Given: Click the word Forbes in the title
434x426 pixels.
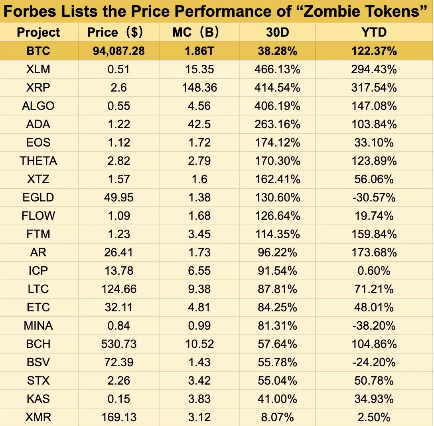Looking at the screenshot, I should (x=30, y=11).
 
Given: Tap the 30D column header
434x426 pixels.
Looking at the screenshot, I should (x=277, y=32).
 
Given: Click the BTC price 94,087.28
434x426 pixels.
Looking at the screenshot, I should (x=119, y=51).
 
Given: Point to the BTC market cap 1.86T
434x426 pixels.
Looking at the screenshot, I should (x=199, y=51).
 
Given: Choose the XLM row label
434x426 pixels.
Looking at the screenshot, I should (x=39, y=69).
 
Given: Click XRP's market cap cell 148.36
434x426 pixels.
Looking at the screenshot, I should (x=199, y=88).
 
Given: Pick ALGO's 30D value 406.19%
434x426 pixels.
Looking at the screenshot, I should (x=277, y=106).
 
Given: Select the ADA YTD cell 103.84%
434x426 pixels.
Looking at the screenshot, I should (x=374, y=124).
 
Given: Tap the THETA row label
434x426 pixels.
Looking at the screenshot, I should (x=39, y=161).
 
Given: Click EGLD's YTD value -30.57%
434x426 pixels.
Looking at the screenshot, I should (x=374, y=197).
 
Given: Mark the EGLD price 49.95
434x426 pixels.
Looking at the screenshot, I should (x=119, y=197).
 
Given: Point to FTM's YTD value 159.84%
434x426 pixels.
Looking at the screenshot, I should (x=374, y=234).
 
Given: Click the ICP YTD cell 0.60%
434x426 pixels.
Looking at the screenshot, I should (x=374, y=271).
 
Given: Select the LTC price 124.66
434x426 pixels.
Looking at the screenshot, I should (x=119, y=289).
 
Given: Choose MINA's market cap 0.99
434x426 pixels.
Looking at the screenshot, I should (x=199, y=326).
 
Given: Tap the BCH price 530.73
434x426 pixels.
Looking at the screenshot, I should (x=119, y=344).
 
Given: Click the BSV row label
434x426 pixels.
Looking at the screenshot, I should (x=39, y=362).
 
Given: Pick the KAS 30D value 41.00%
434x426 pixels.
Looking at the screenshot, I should (x=277, y=399).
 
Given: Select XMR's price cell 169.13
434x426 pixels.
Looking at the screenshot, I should (x=119, y=417).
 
